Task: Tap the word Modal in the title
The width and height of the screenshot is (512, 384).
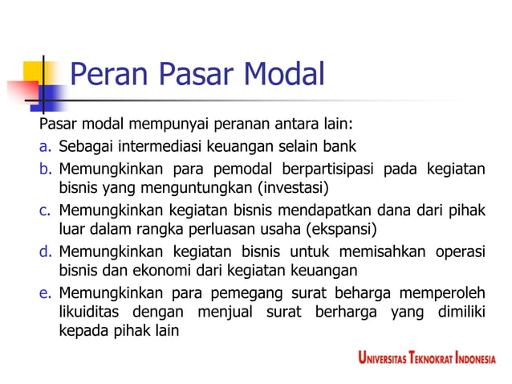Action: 284,76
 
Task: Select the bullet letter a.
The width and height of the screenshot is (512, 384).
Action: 45,147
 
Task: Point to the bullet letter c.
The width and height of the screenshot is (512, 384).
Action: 45,210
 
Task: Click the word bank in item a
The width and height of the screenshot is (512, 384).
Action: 339,147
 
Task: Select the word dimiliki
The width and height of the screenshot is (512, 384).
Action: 458,311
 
